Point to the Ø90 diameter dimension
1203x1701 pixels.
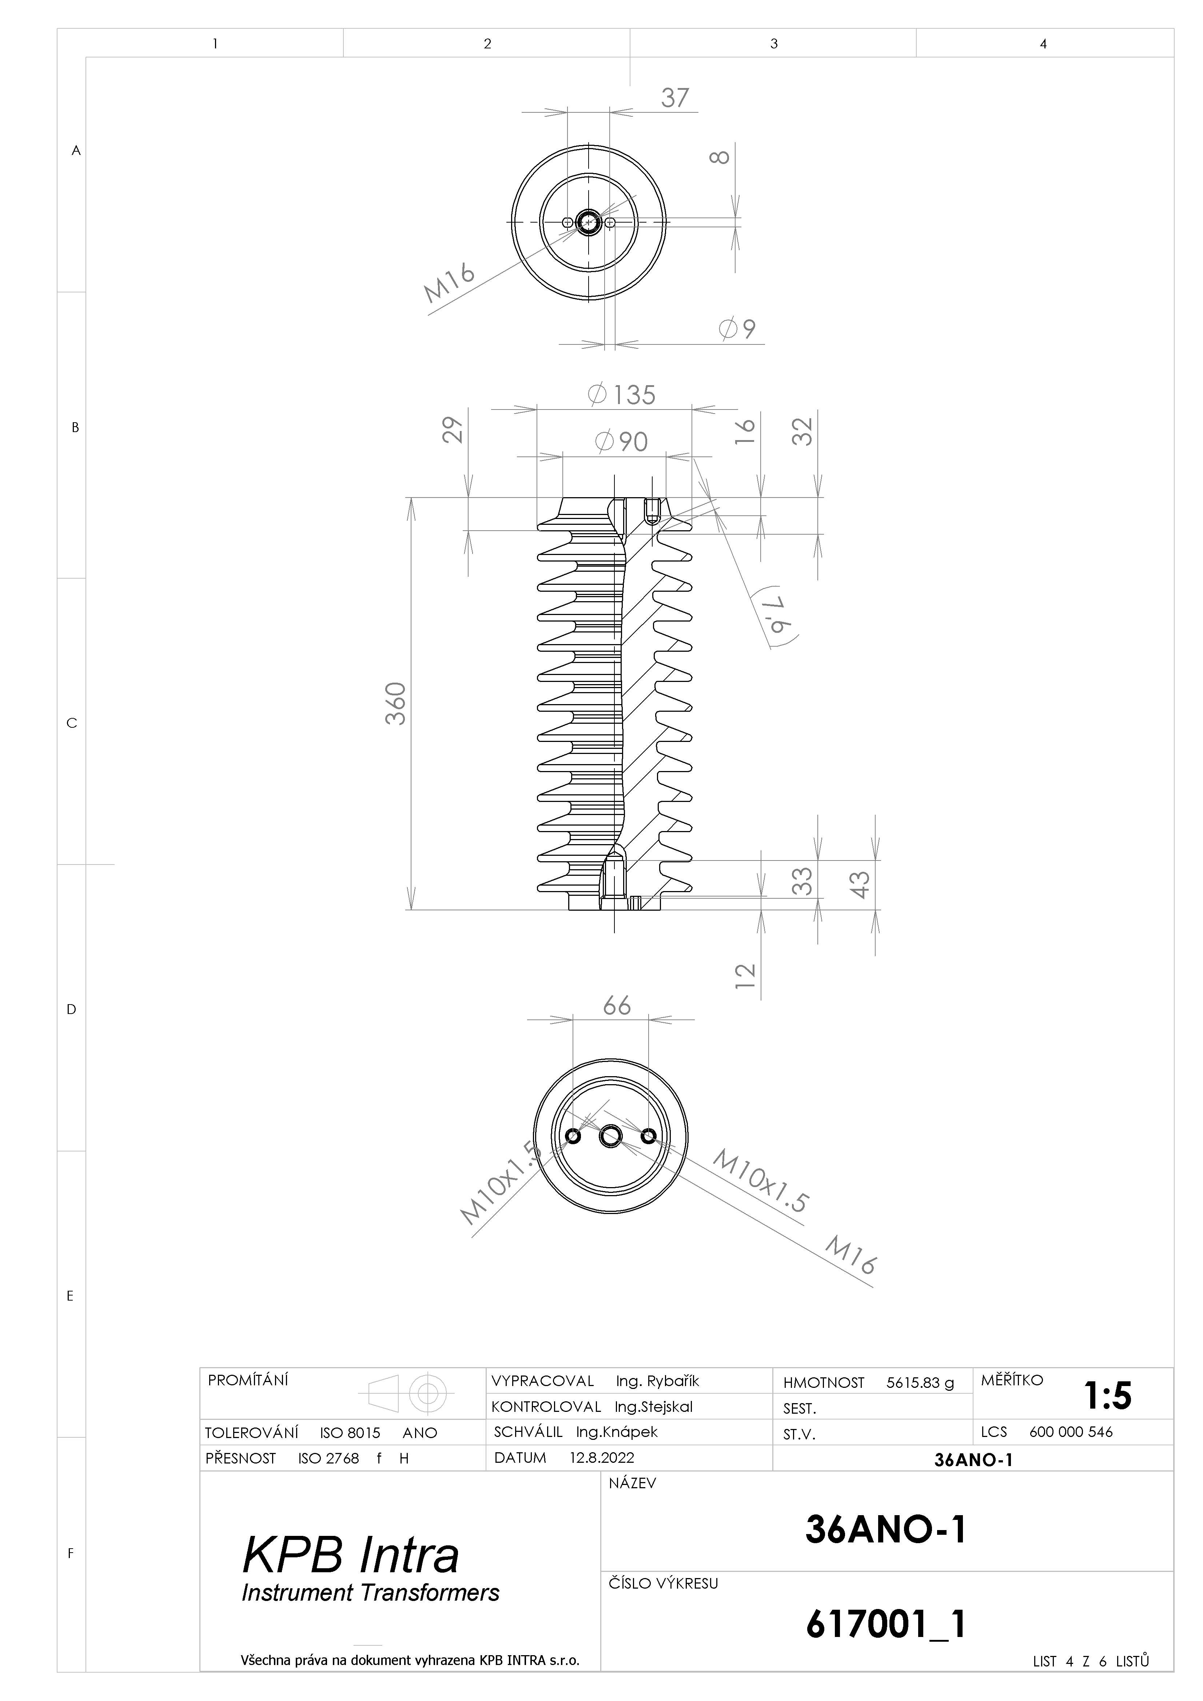point(621,442)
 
